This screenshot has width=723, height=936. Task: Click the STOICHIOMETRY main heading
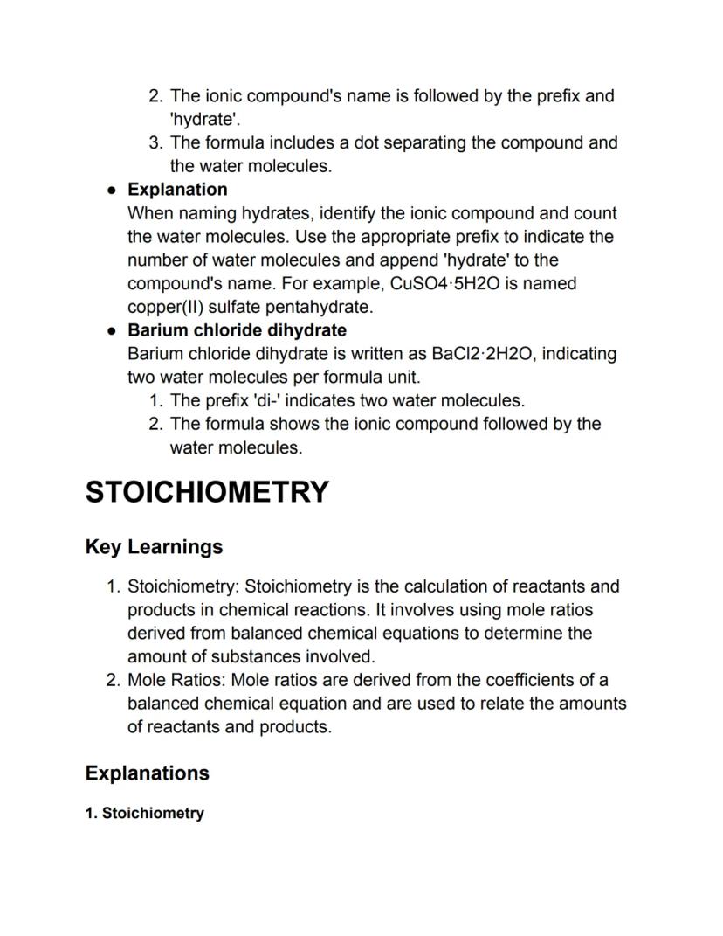[x=207, y=492]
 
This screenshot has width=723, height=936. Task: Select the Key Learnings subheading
[x=154, y=547]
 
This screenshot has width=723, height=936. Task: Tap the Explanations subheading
[x=147, y=773]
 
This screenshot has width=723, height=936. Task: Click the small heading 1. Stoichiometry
[x=145, y=814]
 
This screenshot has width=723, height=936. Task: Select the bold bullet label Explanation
[x=177, y=190]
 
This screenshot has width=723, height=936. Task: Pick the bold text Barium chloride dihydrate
[x=237, y=330]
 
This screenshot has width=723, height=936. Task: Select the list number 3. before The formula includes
[x=155, y=142]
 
